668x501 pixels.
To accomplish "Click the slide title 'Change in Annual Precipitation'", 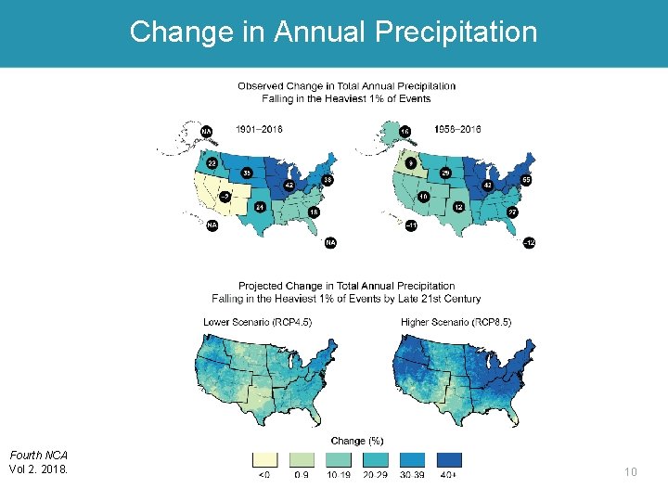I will point(333,32).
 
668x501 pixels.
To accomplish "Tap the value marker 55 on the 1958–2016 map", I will point(527,179).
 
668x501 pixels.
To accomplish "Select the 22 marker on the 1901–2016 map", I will point(212,162).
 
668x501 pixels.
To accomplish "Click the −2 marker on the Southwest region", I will point(224,196).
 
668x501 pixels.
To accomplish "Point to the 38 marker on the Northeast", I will point(328,179).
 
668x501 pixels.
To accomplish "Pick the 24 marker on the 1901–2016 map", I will point(261,207).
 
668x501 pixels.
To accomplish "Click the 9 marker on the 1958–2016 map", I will point(411,162).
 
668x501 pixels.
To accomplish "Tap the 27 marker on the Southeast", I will point(511,212).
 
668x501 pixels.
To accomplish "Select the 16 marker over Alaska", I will point(405,132).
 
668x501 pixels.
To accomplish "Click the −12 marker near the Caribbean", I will point(529,242).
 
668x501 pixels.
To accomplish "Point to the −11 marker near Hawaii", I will point(411,225).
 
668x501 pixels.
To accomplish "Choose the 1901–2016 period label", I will point(261,129).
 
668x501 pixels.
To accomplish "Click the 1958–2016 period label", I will point(457,129).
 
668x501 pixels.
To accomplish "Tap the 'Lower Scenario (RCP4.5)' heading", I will point(257,322).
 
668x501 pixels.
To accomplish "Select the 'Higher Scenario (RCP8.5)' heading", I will point(456,322).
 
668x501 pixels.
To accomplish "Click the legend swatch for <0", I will point(265,459).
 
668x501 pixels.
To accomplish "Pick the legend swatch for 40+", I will point(449,459).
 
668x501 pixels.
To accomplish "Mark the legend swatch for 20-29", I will point(376,459).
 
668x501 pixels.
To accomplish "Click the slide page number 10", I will point(630,472).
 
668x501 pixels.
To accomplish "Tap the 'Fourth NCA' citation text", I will point(38,455).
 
